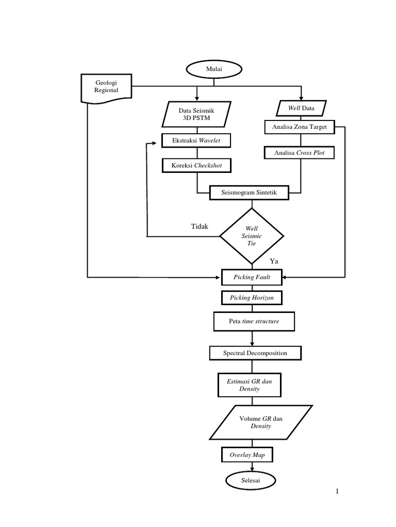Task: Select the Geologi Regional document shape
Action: (106, 87)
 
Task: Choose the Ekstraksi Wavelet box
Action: (196, 140)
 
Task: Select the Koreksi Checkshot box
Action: (196, 166)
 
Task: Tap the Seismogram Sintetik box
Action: (250, 192)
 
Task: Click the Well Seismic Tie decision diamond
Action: (252, 236)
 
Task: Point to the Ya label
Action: (274, 261)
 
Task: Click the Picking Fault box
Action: (252, 277)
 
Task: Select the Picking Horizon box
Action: (252, 298)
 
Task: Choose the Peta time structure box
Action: (254, 322)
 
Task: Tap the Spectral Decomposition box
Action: (255, 353)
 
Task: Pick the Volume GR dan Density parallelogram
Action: (260, 423)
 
